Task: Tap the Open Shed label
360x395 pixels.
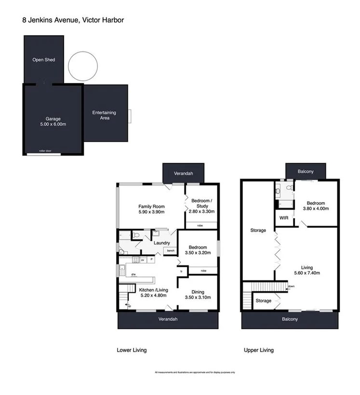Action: click(x=43, y=60)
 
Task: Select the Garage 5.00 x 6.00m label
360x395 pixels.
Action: click(x=53, y=121)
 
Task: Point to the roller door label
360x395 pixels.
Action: click(x=45, y=151)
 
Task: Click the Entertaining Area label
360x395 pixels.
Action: click(x=104, y=115)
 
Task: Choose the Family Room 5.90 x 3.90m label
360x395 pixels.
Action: click(x=152, y=209)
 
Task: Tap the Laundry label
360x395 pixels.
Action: click(x=161, y=243)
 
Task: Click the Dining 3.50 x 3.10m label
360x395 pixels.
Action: click(x=198, y=294)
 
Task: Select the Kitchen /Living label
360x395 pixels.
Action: click(x=153, y=293)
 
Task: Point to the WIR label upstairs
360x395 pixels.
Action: click(x=284, y=218)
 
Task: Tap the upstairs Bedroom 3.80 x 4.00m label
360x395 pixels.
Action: click(x=315, y=206)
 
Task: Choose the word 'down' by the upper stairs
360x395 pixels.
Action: click(x=291, y=287)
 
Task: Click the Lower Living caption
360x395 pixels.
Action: click(x=132, y=350)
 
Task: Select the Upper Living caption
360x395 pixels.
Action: click(x=259, y=350)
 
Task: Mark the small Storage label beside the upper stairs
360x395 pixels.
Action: click(x=263, y=301)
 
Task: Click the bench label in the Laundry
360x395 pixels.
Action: click(x=170, y=251)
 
